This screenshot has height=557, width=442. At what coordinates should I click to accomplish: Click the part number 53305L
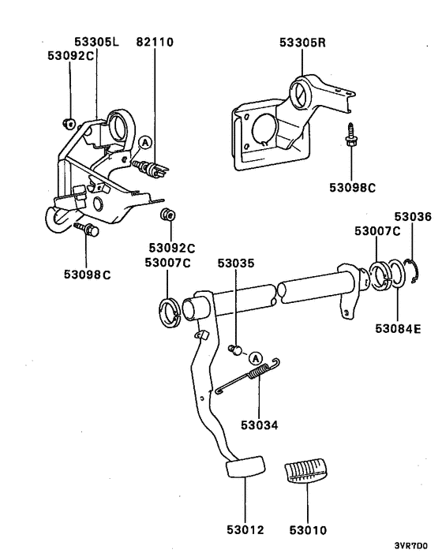point(97,41)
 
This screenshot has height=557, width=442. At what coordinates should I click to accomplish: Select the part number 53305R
point(302,41)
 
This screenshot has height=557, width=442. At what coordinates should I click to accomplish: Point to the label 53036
point(413,216)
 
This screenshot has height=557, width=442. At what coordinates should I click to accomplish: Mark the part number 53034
point(259,424)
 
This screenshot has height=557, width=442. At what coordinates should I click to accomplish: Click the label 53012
point(243,530)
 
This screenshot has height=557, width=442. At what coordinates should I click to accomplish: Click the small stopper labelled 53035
point(234,348)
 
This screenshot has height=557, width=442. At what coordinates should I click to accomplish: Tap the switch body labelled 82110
point(151,167)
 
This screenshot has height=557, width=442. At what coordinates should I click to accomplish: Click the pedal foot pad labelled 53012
point(243,468)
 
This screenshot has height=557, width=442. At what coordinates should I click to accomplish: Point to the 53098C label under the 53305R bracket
point(353,187)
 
